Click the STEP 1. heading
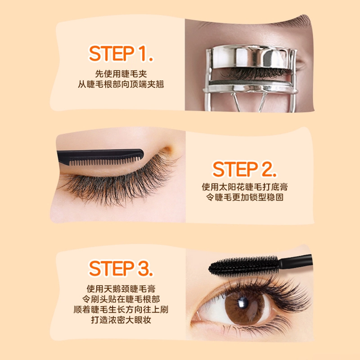121,54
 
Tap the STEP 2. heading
244,169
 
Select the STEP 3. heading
121,268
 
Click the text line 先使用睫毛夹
121,74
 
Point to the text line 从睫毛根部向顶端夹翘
121,84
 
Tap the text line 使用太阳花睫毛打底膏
245,187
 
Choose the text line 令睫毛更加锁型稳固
245,197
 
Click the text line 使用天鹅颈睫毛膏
121,288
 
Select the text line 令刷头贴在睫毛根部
121,299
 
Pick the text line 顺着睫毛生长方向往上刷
121,310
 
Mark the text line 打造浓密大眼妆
121,320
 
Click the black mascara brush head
243,266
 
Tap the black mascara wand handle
296,261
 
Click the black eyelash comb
100,157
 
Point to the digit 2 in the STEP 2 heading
267,169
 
